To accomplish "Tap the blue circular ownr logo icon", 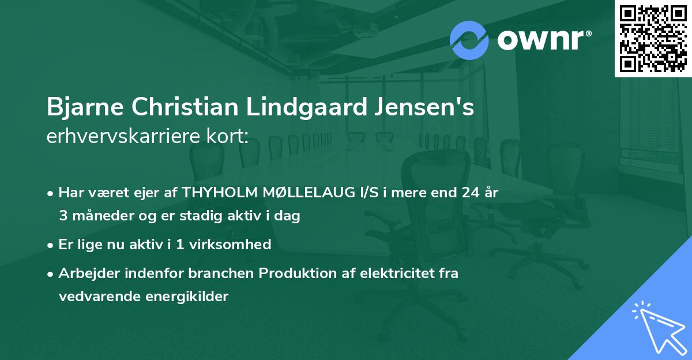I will click(469, 40).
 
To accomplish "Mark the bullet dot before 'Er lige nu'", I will click(51, 245).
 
